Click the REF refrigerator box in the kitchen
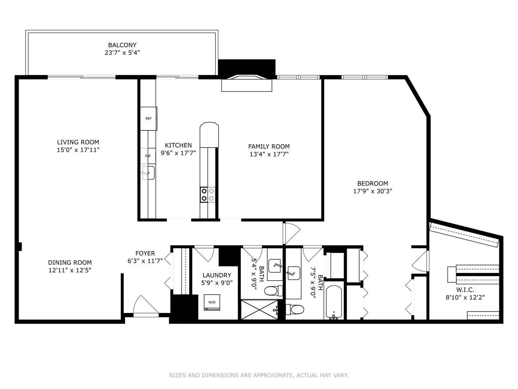(x=149, y=119)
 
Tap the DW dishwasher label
(x=148, y=156)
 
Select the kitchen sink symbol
(x=149, y=173)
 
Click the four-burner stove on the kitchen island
(x=208, y=194)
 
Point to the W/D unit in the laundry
(x=212, y=302)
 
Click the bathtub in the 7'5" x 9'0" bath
(x=334, y=302)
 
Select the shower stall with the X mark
(x=259, y=309)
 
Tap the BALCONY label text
(x=122, y=45)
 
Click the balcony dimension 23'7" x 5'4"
(x=122, y=53)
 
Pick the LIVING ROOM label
(x=78, y=142)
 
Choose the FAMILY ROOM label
(x=269, y=147)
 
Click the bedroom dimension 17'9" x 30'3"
(x=373, y=191)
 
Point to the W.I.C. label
(x=465, y=290)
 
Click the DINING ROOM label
(x=70, y=263)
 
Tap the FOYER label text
(x=145, y=253)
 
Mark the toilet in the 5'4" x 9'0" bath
(x=273, y=291)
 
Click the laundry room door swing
(x=204, y=254)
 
